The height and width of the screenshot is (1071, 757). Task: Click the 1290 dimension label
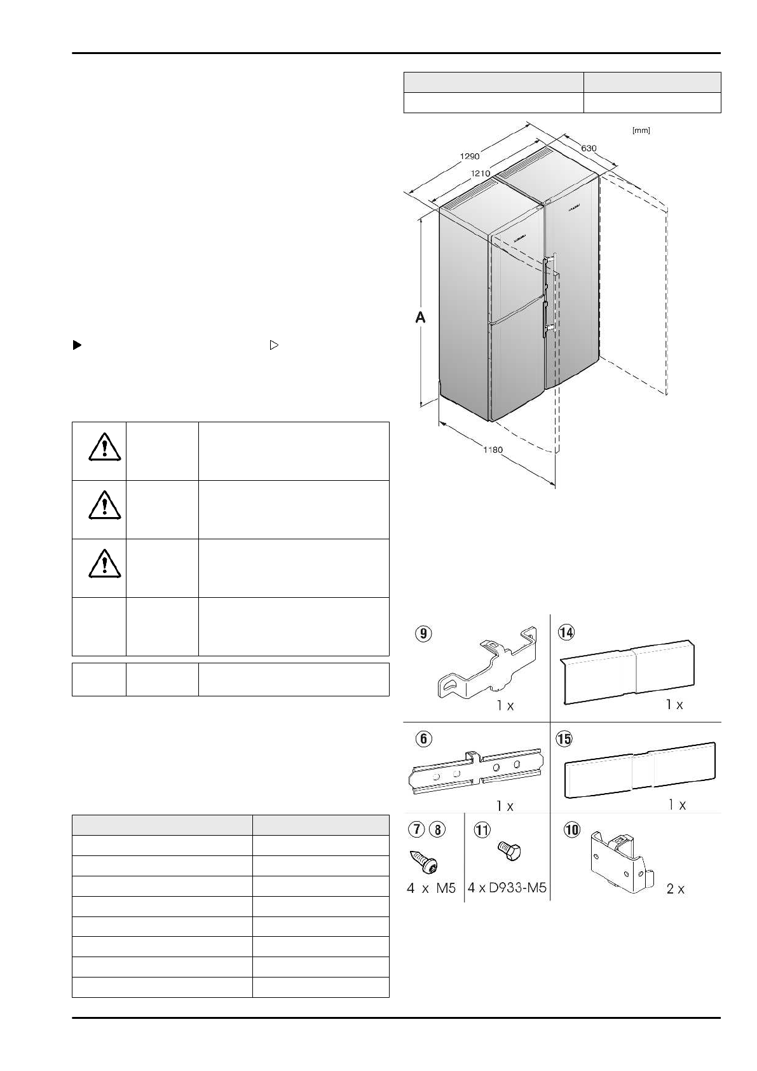[x=470, y=156]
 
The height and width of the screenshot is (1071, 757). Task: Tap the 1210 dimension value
[x=480, y=173]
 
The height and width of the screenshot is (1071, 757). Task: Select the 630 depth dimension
[x=589, y=148]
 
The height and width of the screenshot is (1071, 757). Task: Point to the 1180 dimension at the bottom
[x=493, y=450]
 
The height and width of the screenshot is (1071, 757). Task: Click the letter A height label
[x=420, y=317]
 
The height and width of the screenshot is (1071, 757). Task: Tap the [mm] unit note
[x=641, y=130]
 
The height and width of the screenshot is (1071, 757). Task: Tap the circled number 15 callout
[x=564, y=738]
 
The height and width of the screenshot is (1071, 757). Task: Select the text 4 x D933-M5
[x=507, y=888]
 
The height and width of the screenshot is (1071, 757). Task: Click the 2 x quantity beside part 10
[x=675, y=889]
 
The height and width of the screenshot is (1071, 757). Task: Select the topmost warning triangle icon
[x=104, y=447]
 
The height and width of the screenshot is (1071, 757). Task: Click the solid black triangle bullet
[x=77, y=345]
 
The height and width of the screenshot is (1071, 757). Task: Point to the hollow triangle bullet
[x=274, y=345]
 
